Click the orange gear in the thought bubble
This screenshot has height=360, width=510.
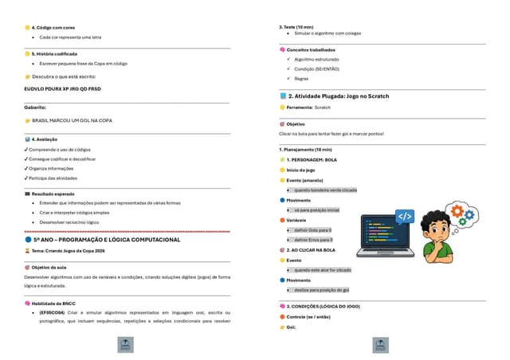point(461,209)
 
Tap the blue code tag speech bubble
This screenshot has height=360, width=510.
point(406,216)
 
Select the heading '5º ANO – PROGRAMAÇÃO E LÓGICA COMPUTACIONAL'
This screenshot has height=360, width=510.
point(106,239)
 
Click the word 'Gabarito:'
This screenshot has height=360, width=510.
point(36,106)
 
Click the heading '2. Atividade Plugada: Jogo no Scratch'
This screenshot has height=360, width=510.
point(339,96)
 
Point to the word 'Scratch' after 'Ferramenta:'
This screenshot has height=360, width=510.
point(322,107)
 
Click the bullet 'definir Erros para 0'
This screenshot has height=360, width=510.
point(313,239)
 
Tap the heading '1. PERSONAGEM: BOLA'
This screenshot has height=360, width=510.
point(312,160)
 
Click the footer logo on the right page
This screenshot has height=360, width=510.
point(382,345)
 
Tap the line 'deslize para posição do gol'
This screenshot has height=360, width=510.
point(321,290)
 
